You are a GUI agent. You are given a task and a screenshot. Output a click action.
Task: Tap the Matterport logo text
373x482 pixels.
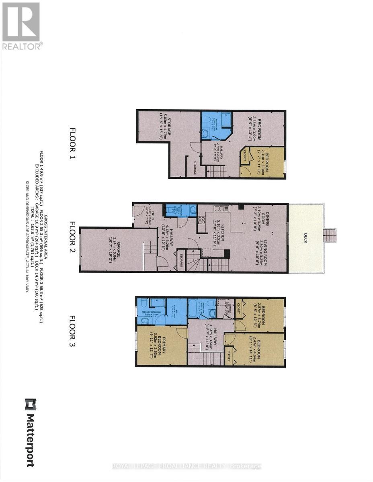tap(30, 433)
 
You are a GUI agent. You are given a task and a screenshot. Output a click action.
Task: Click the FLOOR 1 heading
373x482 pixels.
tap(73, 144)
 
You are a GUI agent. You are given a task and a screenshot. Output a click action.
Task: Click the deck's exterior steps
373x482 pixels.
tap(330, 235)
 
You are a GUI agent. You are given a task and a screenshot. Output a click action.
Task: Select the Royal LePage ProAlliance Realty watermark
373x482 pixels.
tap(186, 466)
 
